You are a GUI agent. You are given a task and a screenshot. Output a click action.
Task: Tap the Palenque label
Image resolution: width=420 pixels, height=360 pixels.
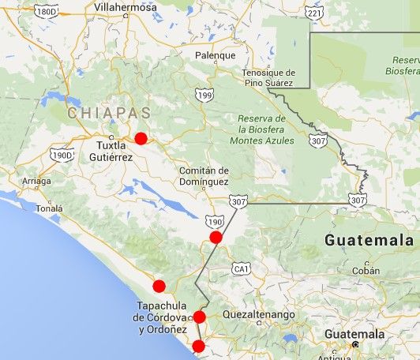[216, 55]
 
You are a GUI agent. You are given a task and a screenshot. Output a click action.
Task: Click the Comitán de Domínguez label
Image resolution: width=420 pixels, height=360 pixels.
[203, 175]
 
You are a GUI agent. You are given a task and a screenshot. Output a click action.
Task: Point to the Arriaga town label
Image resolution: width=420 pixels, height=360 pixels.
[36, 181]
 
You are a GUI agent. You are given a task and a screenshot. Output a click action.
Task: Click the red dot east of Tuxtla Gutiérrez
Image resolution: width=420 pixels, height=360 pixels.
[141, 138]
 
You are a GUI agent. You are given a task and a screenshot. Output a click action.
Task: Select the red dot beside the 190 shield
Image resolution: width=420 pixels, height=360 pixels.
[216, 237]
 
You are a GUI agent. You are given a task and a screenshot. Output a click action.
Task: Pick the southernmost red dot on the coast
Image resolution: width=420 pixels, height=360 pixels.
[198, 346]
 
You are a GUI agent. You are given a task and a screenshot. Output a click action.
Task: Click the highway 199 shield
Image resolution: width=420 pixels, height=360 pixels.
[205, 96]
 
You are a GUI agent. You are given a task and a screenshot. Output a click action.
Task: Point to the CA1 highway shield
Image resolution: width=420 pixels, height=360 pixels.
[241, 270]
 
